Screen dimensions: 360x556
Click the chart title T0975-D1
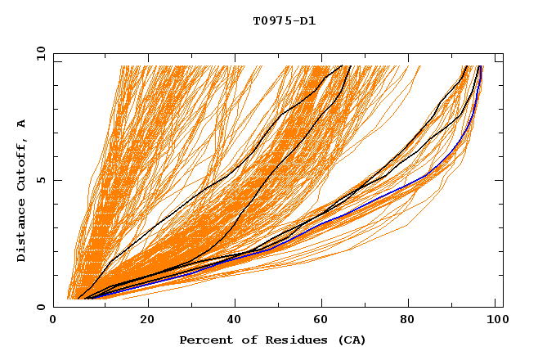(284, 20)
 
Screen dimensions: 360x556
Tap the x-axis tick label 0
(53, 321)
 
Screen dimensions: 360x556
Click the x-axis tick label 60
(325, 321)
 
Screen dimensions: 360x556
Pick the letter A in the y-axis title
(21, 124)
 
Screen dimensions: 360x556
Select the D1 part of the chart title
(307, 20)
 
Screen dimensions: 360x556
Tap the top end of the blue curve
(482, 67)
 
